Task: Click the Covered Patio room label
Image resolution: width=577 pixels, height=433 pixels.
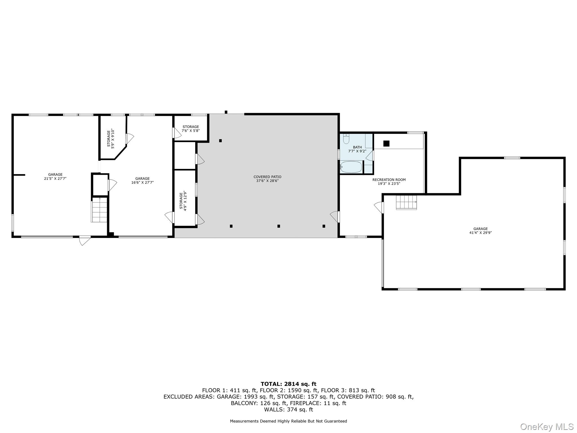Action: click(x=267, y=179)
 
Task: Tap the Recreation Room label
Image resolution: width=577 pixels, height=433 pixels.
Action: click(x=389, y=182)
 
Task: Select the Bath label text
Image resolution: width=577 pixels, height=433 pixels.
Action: click(x=357, y=149)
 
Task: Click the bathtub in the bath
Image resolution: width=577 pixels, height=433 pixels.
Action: click(x=351, y=167)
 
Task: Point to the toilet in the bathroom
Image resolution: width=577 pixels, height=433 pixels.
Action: click(x=346, y=139)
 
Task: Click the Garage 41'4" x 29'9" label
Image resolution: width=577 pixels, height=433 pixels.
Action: click(x=480, y=231)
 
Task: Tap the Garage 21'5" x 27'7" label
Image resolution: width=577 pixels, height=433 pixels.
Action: click(x=55, y=176)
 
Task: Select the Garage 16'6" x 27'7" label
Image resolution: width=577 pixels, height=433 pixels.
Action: click(x=142, y=180)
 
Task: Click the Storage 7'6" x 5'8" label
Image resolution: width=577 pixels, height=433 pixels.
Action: click(x=191, y=129)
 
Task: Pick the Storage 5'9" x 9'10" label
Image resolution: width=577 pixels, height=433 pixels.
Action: click(x=111, y=138)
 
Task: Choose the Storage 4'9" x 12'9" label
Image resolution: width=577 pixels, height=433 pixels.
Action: click(x=183, y=201)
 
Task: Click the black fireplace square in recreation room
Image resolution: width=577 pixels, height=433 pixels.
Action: click(x=386, y=143)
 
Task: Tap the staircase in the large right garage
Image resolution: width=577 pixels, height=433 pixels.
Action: click(x=406, y=202)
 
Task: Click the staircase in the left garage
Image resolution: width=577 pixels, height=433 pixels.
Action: click(x=99, y=210)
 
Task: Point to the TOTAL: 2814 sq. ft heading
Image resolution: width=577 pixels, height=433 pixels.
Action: click(x=288, y=384)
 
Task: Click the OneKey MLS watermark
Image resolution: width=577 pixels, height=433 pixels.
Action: click(x=547, y=427)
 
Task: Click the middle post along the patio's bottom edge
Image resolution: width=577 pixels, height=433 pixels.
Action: click(x=279, y=226)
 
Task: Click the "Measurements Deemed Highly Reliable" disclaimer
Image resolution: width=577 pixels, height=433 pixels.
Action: click(x=288, y=421)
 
